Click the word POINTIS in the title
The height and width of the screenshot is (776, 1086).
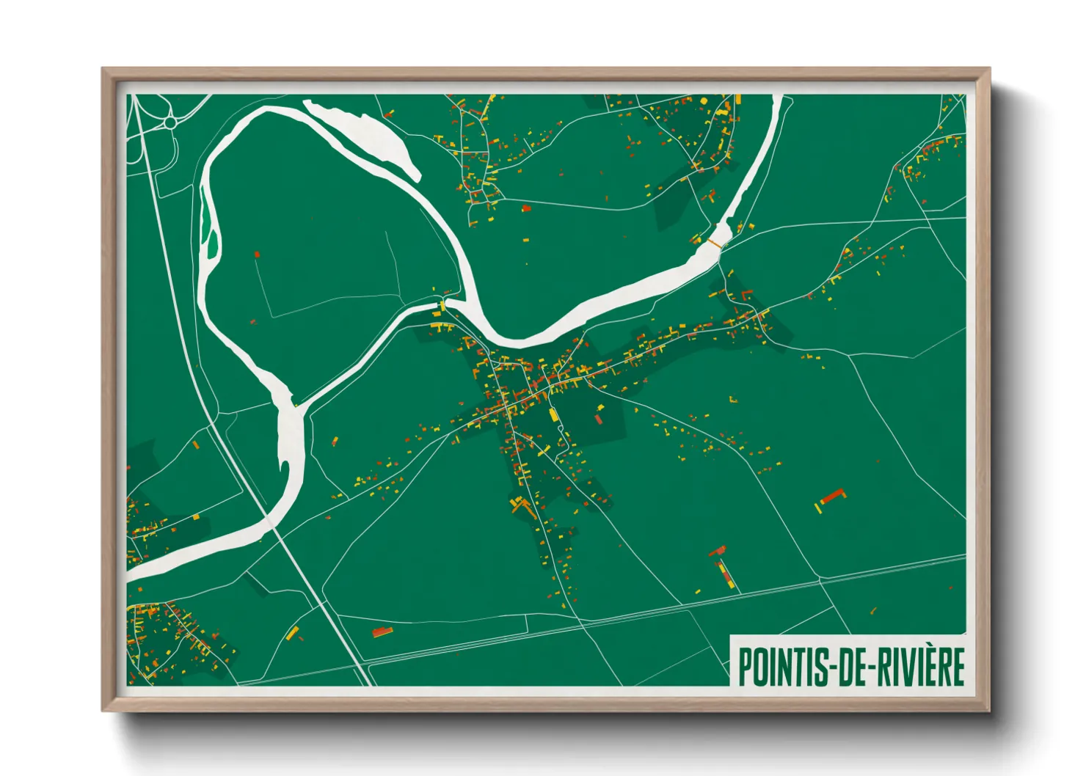coord(781,666)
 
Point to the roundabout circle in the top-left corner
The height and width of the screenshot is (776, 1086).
coord(170,123)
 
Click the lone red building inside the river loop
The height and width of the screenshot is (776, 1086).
coord(257,255)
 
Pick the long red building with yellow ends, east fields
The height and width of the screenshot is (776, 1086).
coord(832,497)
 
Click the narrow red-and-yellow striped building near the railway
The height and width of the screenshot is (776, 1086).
coord(726,574)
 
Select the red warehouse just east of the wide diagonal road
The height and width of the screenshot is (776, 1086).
coord(381,631)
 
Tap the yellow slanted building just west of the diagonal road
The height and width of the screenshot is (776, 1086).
coord(293,632)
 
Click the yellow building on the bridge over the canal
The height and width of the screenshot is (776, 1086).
coord(443,304)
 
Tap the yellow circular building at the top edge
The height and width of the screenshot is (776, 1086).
coord(704,100)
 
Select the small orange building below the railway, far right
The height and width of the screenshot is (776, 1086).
coord(873,610)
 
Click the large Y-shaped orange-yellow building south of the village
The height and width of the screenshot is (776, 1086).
coord(522,505)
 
